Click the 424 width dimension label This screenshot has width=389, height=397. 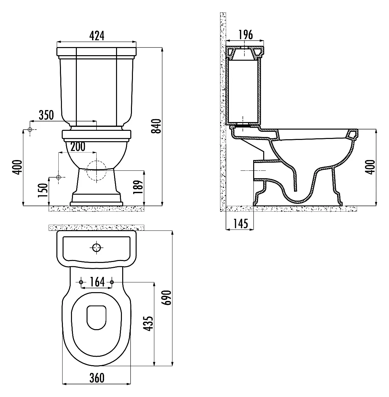tap(97, 36)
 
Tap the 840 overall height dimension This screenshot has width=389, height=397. tap(156, 126)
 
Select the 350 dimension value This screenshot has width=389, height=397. tap(46, 115)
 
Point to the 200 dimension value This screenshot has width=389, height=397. tap(78, 147)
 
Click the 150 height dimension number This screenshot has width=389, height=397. tap(43, 190)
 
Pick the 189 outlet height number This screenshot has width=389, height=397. tap(138, 187)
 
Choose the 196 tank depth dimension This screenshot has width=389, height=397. tap(245, 35)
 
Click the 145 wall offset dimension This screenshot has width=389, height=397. tap(241, 224)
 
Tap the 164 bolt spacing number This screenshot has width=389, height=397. tap(97, 282)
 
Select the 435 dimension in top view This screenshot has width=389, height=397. tap(148, 323)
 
